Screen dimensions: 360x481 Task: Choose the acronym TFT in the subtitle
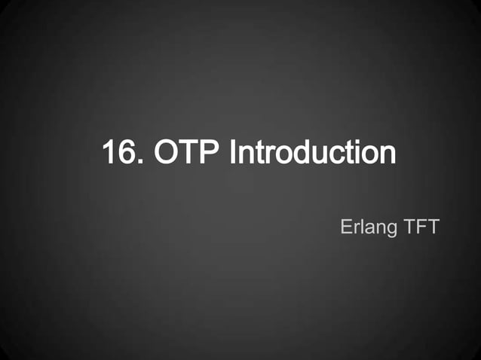pyautogui.click(x=420, y=225)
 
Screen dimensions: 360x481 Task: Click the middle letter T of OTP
pyautogui.click(x=188, y=153)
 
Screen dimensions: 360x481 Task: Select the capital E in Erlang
pyautogui.click(x=346, y=225)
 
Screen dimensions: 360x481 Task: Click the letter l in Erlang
pyautogui.click(x=360, y=225)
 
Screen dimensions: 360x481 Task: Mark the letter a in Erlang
pyautogui.click(x=368, y=227)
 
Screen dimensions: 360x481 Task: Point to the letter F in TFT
pyautogui.click(x=420, y=225)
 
